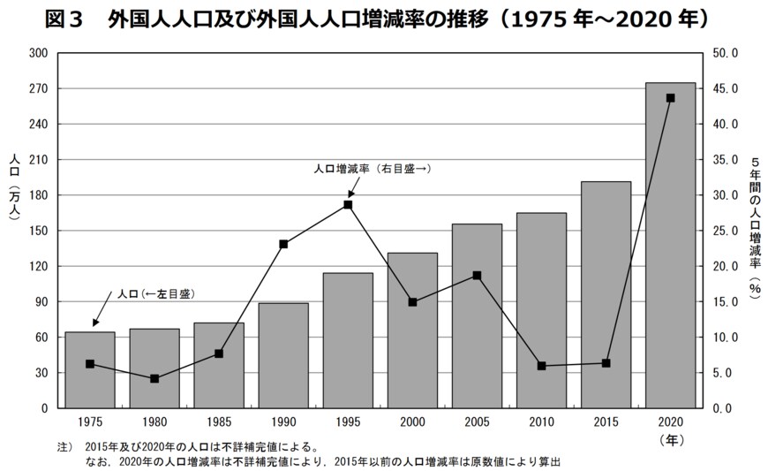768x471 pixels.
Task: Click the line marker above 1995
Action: coord(348,205)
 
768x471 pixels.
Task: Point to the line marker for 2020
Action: coord(670,98)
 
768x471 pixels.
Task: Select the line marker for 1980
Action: coord(154,378)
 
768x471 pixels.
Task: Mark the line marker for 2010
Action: coord(541,366)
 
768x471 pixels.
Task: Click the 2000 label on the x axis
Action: coord(412,423)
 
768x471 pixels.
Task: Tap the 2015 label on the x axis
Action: coord(606,423)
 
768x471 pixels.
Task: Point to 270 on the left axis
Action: coord(38,88)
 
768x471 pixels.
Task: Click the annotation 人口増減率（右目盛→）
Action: coord(373,167)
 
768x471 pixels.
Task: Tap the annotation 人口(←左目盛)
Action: coord(154,293)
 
